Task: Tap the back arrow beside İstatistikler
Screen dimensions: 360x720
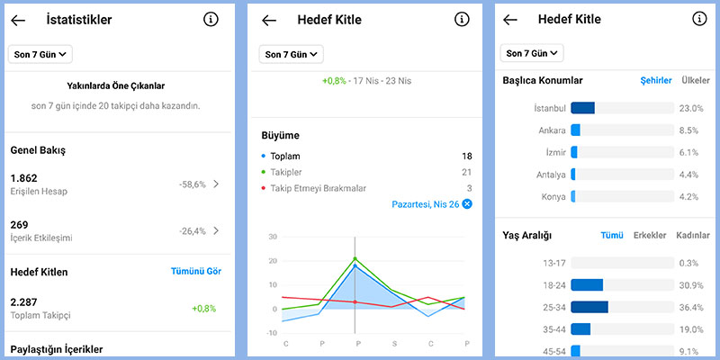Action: click(18, 20)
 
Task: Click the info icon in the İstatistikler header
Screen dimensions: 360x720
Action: click(211, 19)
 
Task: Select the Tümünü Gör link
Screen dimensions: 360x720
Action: click(195, 271)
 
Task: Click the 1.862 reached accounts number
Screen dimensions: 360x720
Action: click(23, 178)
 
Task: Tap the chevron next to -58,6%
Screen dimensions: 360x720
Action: click(216, 184)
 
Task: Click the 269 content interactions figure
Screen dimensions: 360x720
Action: click(19, 224)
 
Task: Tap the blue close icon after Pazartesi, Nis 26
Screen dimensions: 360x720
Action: click(467, 204)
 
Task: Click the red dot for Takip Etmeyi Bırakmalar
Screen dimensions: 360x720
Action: click(263, 188)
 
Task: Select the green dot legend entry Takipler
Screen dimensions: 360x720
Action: click(263, 172)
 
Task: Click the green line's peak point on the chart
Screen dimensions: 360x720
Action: click(355, 258)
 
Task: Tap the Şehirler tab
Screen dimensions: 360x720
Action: click(655, 81)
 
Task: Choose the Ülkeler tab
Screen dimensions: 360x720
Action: click(696, 81)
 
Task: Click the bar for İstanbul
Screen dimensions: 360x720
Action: click(583, 108)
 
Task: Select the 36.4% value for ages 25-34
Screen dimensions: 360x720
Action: click(689, 307)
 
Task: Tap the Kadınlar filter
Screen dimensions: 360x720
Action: click(693, 236)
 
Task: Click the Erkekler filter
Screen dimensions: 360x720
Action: click(650, 236)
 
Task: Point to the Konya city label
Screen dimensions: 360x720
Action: click(551, 196)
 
